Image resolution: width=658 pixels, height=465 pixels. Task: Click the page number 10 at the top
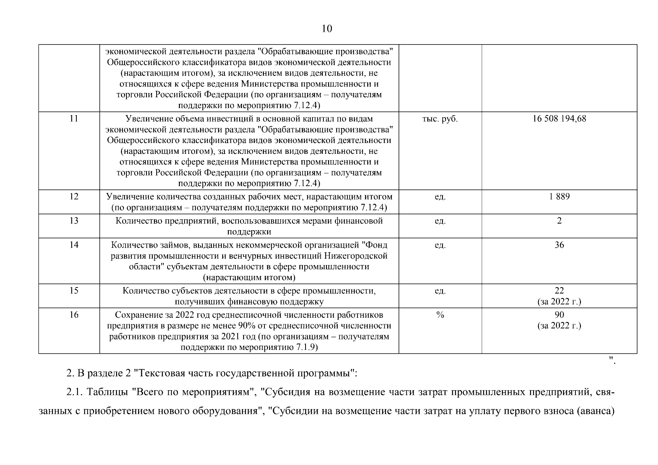tap(327, 29)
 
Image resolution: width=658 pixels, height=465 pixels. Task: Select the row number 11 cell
tap(74, 119)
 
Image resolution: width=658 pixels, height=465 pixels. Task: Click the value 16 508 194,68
tap(559, 119)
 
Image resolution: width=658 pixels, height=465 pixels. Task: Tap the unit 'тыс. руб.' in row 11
tap(440, 119)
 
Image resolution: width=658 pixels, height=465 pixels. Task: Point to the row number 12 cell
tap(74, 196)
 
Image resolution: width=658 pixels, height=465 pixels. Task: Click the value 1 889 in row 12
tap(559, 196)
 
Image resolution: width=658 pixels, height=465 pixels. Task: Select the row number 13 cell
tap(74, 220)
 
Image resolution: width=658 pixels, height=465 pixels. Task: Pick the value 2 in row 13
tap(559, 220)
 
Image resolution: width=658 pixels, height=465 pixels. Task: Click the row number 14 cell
tap(74, 245)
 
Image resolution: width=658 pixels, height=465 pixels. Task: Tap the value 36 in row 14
tap(559, 245)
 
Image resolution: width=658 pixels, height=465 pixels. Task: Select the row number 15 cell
tap(74, 290)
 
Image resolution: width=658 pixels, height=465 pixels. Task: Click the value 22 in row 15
tap(559, 290)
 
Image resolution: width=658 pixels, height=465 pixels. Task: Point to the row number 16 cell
tap(74, 314)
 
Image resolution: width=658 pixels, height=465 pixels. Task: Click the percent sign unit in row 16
tap(440, 315)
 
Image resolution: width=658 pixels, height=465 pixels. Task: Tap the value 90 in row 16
tap(559, 314)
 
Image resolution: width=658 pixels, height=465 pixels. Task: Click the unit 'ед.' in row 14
tap(440, 245)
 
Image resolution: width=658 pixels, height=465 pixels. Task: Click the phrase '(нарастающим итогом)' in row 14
tap(249, 277)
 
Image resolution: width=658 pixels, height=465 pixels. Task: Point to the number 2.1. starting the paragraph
tap(75, 392)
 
